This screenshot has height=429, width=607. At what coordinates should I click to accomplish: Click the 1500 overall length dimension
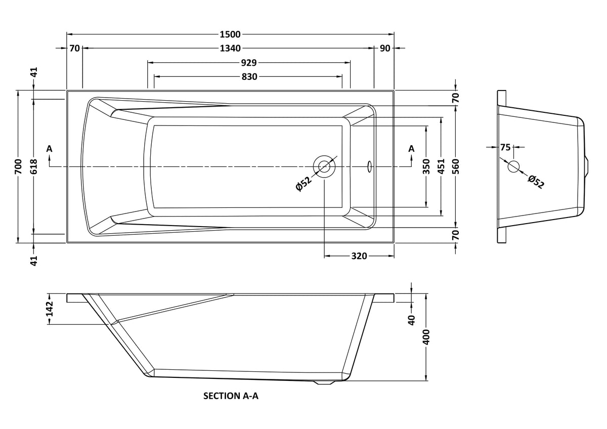230,34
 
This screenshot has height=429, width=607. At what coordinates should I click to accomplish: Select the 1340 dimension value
230,48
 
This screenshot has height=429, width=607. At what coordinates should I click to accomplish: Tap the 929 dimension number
249,63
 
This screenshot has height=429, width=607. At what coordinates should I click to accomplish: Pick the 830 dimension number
249,77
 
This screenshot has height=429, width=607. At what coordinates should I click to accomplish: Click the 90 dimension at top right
385,48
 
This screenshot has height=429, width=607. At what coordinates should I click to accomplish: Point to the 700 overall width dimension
18,166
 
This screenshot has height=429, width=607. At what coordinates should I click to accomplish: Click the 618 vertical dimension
33,166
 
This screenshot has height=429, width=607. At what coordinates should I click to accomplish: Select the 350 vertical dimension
426,166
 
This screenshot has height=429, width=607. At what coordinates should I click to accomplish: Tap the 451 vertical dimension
442,166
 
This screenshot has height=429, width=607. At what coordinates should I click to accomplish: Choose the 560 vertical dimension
456,166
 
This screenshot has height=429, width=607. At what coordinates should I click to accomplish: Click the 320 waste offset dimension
359,256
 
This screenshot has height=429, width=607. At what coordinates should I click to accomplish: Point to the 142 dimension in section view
50,309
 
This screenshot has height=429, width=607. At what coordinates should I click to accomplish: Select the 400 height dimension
426,337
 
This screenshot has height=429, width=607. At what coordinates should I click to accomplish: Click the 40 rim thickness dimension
412,320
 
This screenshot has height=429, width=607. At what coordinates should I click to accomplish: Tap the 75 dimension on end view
505,147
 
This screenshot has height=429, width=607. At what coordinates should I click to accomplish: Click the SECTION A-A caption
231,396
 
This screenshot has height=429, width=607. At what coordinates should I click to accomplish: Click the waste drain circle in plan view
324,166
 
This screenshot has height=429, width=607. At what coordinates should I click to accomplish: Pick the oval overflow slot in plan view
369,166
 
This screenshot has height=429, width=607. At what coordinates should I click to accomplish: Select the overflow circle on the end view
513,166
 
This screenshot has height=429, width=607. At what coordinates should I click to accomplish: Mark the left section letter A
50,149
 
